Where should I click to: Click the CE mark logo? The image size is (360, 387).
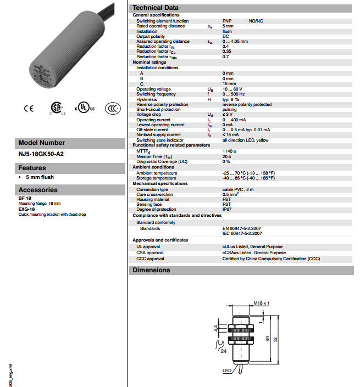(x=28, y=108)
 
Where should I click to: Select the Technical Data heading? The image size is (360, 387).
(x=155, y=8)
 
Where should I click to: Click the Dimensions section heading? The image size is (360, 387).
(x=151, y=270)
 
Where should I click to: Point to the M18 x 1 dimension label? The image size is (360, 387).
(x=262, y=303)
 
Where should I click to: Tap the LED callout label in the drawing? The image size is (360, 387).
(x=227, y=371)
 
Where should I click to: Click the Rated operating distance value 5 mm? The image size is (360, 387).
(x=228, y=26)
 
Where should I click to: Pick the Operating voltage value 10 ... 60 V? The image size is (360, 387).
(x=232, y=89)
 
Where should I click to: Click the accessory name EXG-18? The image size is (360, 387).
(x=26, y=209)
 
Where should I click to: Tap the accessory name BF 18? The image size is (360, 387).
(x=25, y=198)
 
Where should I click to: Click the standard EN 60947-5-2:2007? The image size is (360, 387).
(x=246, y=228)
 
